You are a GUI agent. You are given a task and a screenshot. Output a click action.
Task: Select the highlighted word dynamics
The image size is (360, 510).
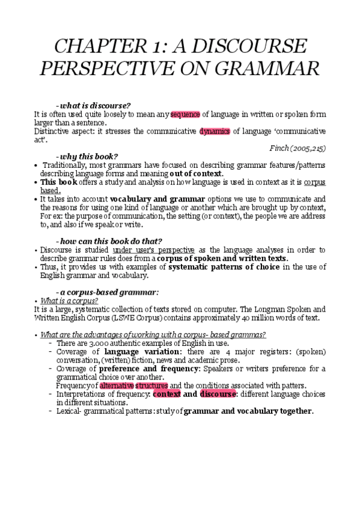[x=215, y=131]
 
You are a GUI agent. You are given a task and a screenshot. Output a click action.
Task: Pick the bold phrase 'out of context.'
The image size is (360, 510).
[x=198, y=174]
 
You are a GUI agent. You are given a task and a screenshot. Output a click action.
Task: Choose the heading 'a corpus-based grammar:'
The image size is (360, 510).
[x=108, y=292]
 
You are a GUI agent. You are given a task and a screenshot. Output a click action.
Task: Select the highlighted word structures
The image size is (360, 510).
[x=151, y=386]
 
